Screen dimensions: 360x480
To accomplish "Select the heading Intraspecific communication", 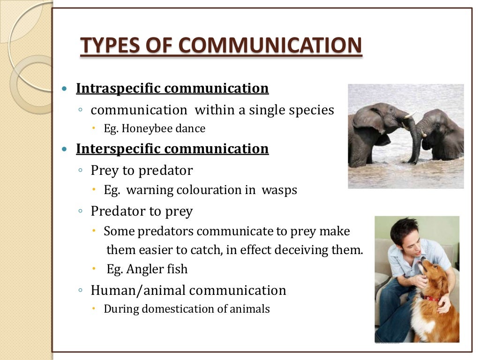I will (x=172, y=89).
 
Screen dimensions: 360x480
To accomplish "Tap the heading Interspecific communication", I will (x=172, y=149).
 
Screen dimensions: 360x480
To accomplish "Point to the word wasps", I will (x=279, y=190).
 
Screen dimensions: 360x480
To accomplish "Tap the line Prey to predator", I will (x=142, y=171).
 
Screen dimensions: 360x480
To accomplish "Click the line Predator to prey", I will (x=142, y=211).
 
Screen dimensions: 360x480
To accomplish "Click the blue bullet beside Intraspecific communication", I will (x=65, y=89).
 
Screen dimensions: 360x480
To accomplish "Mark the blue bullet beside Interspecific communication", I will (x=65, y=150).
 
